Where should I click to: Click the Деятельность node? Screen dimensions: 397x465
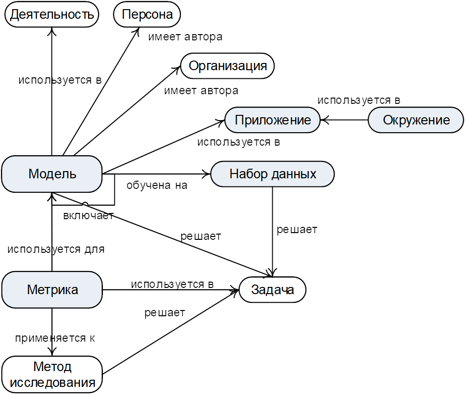click(x=51, y=14)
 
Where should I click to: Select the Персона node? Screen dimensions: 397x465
click(x=147, y=14)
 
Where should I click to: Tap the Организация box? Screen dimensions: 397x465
click(x=227, y=66)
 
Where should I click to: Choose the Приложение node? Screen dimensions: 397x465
click(x=273, y=120)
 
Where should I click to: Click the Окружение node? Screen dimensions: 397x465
click(x=416, y=120)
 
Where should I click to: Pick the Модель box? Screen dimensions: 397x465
click(x=52, y=174)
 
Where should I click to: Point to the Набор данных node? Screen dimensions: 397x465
click(x=273, y=174)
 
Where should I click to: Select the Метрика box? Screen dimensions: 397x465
click(x=52, y=290)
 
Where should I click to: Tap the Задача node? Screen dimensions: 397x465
click(x=272, y=290)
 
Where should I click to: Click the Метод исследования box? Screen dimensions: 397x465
click(x=52, y=375)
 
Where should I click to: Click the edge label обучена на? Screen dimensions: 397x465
click(x=157, y=185)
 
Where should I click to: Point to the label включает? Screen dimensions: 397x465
click(x=88, y=215)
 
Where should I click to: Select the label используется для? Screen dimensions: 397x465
click(x=56, y=249)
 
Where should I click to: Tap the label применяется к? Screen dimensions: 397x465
click(x=55, y=338)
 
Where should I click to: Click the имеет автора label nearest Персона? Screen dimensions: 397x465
click(x=185, y=37)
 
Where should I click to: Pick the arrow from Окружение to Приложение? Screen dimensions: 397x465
click(x=344, y=120)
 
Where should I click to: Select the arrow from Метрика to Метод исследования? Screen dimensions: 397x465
click(x=52, y=332)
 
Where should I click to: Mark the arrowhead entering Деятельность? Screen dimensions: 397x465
click(x=52, y=30)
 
